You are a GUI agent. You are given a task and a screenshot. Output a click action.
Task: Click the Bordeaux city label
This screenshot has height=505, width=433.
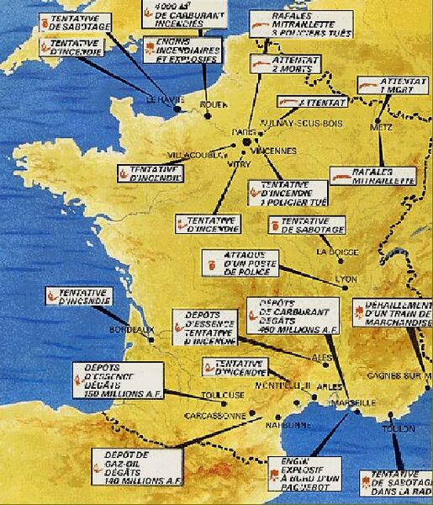coord(123,332)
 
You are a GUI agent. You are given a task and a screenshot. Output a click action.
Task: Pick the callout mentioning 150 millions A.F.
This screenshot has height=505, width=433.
coord(118,380)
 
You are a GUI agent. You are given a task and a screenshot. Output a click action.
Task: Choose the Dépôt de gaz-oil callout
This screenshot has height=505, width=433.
coord(138,467)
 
